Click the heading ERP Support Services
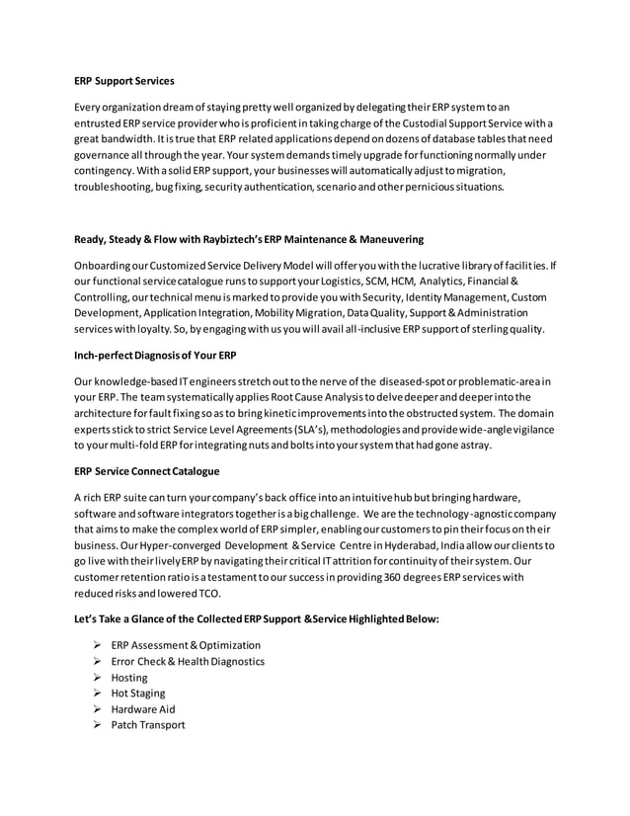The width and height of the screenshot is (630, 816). [x=124, y=81]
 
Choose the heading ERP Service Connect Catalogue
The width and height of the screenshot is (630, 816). [x=147, y=471]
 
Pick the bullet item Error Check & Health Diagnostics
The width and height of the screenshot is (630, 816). [x=188, y=661]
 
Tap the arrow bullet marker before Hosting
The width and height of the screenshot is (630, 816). [x=96, y=678]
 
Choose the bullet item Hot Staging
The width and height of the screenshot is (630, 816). [x=139, y=694]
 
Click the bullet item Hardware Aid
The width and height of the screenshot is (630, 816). [x=144, y=709]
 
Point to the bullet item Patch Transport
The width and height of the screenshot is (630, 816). [x=147, y=725]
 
